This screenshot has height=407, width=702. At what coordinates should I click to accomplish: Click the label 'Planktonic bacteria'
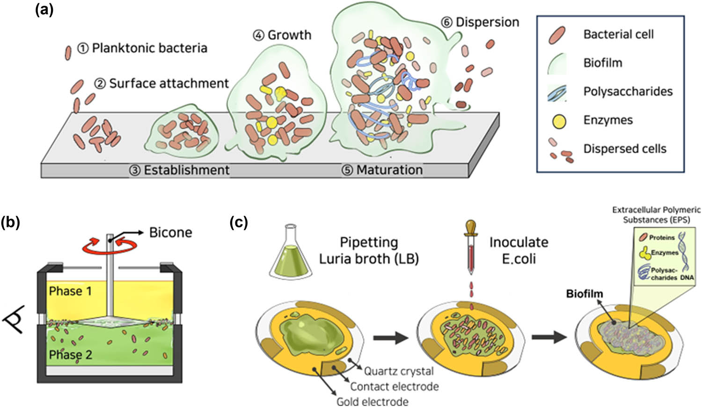click(149, 48)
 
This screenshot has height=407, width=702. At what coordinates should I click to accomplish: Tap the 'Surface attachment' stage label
click(168, 83)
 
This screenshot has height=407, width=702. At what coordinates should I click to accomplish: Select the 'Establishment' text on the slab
click(186, 170)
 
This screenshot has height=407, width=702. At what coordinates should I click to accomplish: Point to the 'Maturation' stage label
click(389, 170)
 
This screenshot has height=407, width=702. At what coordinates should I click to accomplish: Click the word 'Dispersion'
click(487, 22)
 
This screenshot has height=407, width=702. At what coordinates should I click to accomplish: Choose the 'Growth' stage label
click(289, 35)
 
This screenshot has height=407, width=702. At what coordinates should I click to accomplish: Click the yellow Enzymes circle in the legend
click(559, 121)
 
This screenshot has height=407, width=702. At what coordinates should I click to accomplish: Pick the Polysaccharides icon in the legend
click(557, 92)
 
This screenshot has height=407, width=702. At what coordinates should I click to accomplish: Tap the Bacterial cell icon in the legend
click(557, 35)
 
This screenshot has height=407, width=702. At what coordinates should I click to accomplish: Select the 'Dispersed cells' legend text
click(624, 149)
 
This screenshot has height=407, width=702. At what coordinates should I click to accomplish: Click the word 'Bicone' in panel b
click(170, 233)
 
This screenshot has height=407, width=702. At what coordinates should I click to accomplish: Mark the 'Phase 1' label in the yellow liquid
click(70, 291)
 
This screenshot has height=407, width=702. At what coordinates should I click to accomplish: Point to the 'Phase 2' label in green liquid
click(70, 355)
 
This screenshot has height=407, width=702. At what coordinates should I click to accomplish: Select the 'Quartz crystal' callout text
click(399, 371)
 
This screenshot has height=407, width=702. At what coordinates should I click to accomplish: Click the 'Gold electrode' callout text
click(372, 401)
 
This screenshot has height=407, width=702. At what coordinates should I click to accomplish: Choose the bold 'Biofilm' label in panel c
click(585, 294)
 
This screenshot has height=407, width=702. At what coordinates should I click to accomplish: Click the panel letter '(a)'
click(44, 9)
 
